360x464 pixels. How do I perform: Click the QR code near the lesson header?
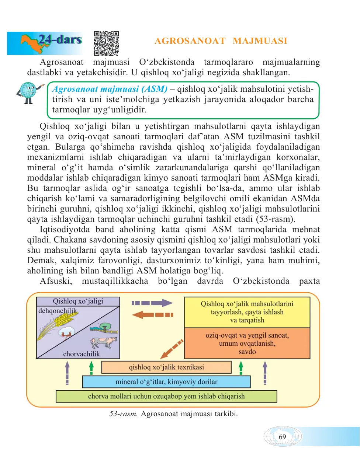click(106, 43)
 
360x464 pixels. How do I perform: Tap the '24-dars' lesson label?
click(60, 39)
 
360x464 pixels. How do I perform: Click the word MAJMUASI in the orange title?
click(260, 41)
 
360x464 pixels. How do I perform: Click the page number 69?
click(282, 437)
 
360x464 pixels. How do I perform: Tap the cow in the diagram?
click(103, 342)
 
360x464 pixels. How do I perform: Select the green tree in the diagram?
click(105, 327)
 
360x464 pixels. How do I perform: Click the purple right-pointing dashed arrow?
click(152, 303)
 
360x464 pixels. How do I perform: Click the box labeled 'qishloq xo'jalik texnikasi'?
click(166, 367)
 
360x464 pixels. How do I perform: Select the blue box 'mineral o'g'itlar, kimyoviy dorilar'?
click(166, 382)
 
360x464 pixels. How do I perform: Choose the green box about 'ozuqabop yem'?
click(166, 396)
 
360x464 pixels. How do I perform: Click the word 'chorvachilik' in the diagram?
click(82, 354)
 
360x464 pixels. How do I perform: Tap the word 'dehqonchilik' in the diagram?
click(58, 311)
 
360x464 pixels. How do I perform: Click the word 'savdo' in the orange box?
click(247, 352)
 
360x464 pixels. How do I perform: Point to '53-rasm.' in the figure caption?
click(124, 414)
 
